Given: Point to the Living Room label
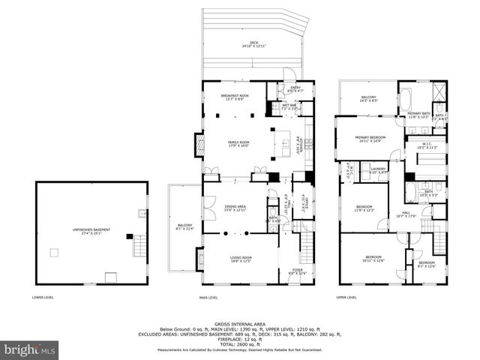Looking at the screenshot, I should click(x=240, y=259).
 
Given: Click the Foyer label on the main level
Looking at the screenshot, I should click(x=297, y=271).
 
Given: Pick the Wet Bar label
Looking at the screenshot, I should click(x=289, y=107).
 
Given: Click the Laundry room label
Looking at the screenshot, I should click(x=378, y=170).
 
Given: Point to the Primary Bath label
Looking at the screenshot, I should click(x=417, y=115).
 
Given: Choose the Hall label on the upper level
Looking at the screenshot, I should click(x=405, y=215).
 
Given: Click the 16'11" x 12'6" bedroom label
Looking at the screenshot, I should click(x=373, y=259).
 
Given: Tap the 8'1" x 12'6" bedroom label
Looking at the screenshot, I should click(x=426, y=264).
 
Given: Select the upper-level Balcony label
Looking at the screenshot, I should click(x=369, y=98).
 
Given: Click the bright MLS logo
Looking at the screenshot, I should click(x=30, y=349).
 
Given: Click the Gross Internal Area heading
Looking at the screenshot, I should click(x=240, y=324).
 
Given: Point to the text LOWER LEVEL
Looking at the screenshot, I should click(x=42, y=297).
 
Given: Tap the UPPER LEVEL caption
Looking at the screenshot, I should click(x=346, y=297).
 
